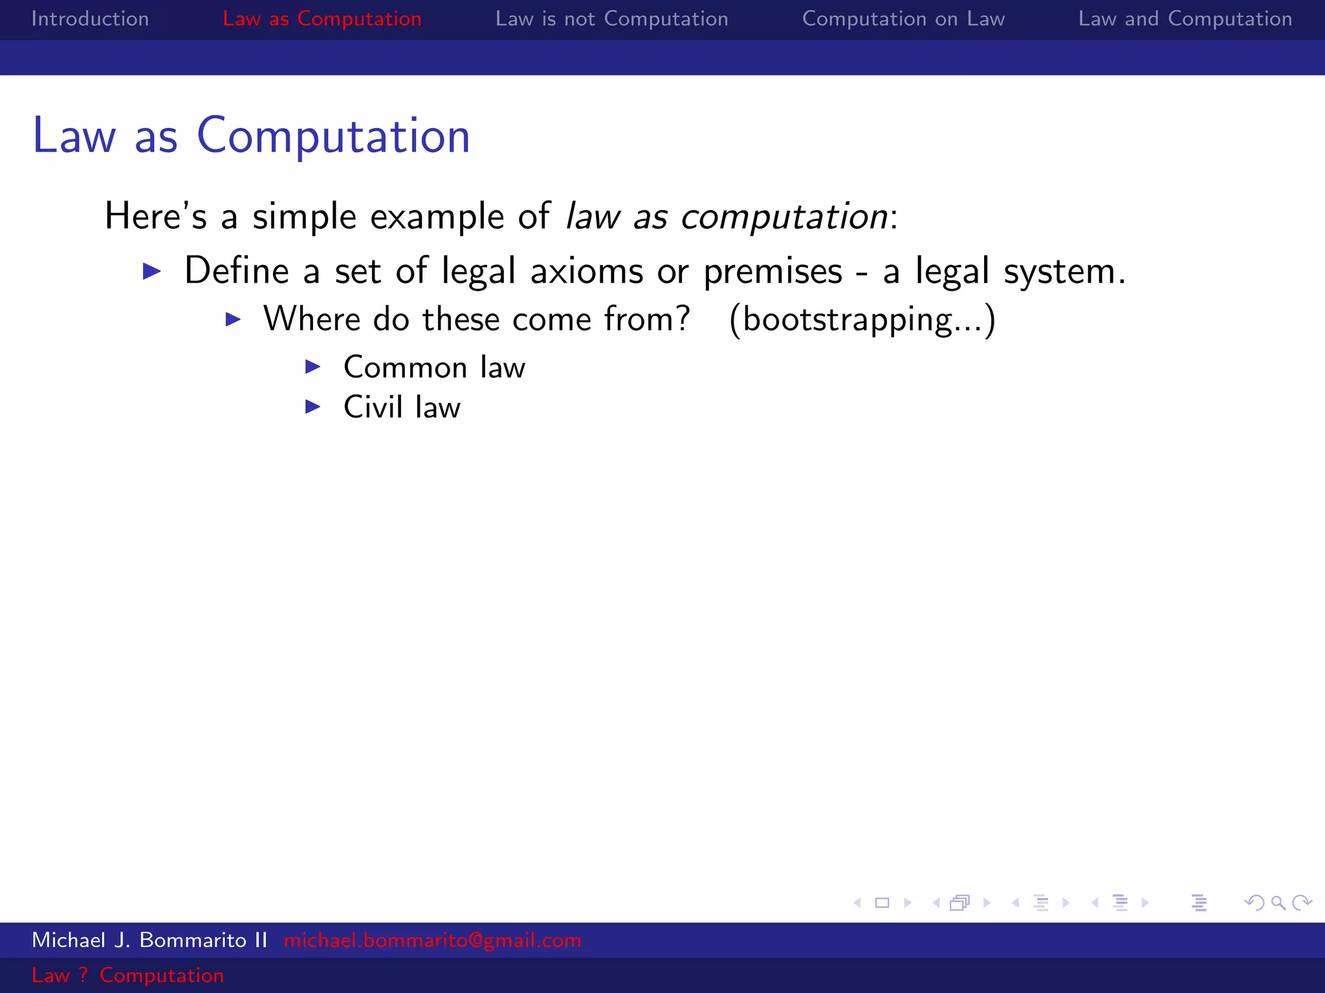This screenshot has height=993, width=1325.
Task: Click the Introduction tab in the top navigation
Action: click(90, 19)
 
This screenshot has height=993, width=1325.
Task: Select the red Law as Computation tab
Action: click(322, 19)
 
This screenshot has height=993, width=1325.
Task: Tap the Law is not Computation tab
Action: click(611, 19)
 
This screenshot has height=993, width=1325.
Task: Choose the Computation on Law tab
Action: click(903, 19)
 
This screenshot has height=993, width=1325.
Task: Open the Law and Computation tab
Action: click(1185, 19)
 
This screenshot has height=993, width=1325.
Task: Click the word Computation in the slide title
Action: click(333, 136)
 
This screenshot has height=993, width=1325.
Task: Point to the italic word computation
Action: click(784, 217)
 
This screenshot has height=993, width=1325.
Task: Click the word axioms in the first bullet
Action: click(586, 271)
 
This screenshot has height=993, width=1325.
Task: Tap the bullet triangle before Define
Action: click(151, 271)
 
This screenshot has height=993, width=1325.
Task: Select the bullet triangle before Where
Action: click(233, 319)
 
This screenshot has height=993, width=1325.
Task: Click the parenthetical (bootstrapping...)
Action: click(862, 319)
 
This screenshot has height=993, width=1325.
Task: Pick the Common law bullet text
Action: click(434, 367)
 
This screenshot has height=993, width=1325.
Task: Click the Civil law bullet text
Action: click(402, 407)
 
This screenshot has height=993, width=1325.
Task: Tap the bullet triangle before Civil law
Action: click(313, 407)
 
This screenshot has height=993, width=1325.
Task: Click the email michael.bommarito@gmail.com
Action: click(432, 940)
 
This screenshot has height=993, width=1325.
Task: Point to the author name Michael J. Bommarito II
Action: click(149, 940)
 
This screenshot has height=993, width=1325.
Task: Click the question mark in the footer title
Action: click(83, 975)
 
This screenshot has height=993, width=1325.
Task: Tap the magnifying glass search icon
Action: click(1278, 902)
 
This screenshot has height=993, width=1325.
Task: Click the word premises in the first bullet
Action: click(772, 271)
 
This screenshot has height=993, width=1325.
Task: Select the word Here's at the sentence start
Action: click(155, 217)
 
